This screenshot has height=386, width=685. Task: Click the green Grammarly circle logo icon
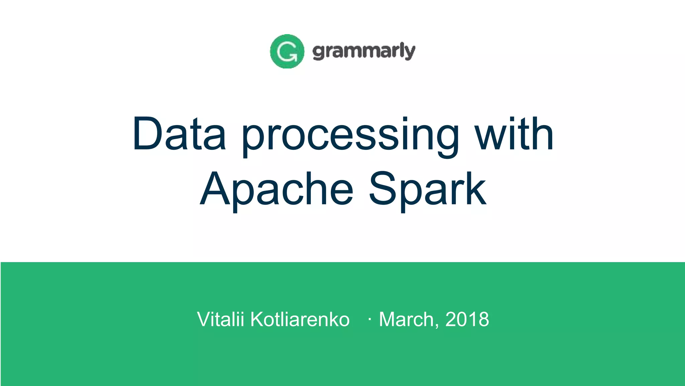pos(287,51)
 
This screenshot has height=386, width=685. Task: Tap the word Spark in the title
pos(427,189)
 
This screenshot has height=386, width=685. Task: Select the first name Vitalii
pos(220,319)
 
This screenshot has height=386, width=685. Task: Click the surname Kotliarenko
pos(300,319)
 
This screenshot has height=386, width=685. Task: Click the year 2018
pos(467,319)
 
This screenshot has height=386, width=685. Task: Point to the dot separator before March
pos(369,319)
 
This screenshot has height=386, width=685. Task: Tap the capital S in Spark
pos(383,188)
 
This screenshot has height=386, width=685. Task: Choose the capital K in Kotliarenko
pos(258,319)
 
